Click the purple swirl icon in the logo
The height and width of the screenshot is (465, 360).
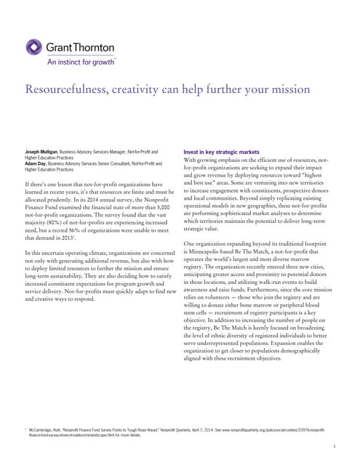35,48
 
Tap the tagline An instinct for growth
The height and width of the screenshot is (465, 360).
81,62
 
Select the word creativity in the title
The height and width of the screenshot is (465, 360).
135,90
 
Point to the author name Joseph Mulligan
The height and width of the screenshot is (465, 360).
44,151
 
